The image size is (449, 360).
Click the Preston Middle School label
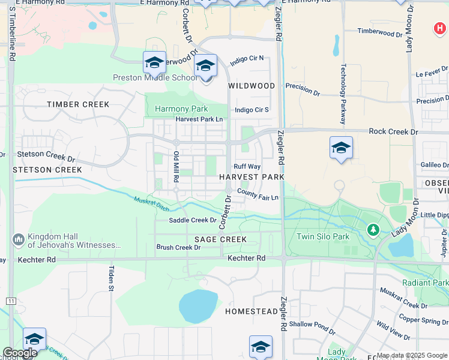click(x=155, y=77)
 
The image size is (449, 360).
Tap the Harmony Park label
click(x=181, y=109)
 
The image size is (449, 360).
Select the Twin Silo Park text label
click(x=323, y=236)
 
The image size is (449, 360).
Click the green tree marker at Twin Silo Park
click(x=373, y=229)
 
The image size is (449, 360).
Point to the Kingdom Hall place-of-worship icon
click(x=18, y=240)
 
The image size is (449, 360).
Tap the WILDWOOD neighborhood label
click(x=252, y=86)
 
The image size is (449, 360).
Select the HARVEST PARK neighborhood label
click(x=252, y=177)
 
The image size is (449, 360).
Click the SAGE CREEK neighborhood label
click(x=220, y=239)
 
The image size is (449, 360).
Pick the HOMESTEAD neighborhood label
click(x=252, y=312)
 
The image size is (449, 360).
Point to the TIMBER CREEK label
click(x=79, y=104)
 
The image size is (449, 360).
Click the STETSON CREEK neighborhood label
click(x=47, y=170)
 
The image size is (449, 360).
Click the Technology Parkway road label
click(x=344, y=94)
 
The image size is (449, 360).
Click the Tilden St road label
click(x=111, y=279)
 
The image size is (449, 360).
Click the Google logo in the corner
click(x=20, y=353)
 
